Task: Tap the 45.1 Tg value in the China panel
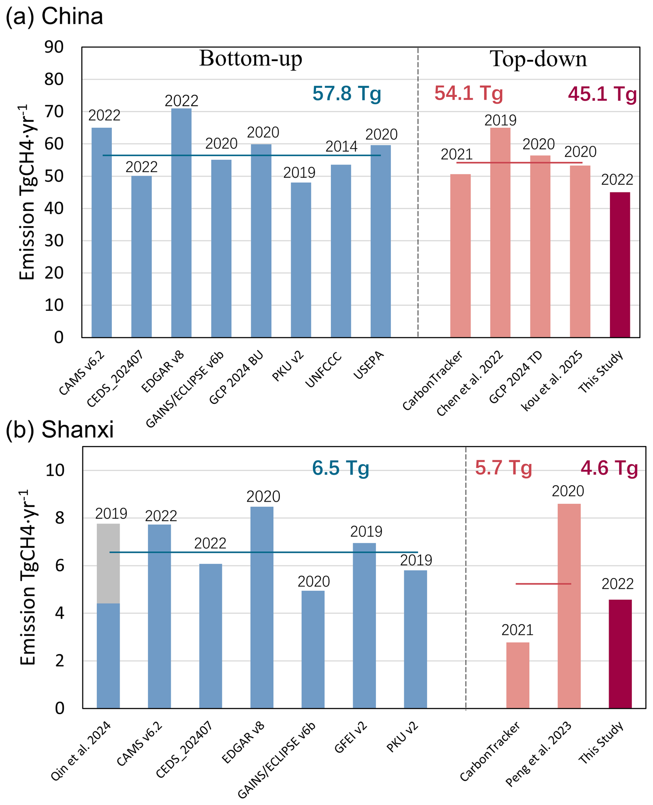(602, 94)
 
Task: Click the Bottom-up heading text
(251, 59)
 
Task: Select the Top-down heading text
(538, 59)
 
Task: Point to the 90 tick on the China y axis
(54, 47)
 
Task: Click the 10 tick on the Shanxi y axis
(55, 470)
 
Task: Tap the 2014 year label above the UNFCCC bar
(341, 146)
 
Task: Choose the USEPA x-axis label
(369, 365)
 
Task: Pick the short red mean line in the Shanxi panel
(543, 584)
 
